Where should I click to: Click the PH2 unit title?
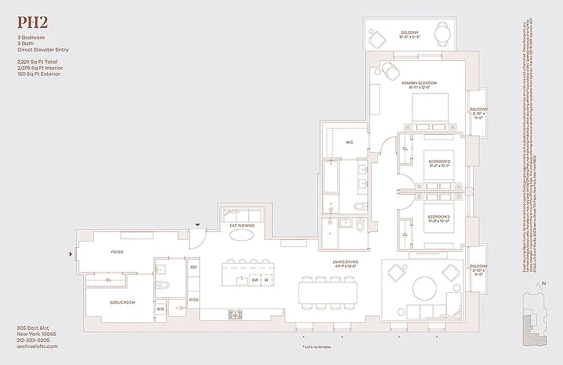pyautogui.click(x=32, y=23)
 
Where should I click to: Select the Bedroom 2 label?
pyautogui.click(x=440, y=161)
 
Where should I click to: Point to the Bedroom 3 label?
pyautogui.click(x=440, y=216)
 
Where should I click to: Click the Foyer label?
pyautogui.click(x=117, y=252)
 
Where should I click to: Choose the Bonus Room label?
pyautogui.click(x=122, y=302)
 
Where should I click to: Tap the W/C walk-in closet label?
pyautogui.click(x=349, y=143)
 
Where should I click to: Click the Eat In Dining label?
pyautogui.click(x=241, y=226)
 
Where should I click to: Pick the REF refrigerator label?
pyautogui.click(x=194, y=267)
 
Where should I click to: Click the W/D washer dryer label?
pyautogui.click(x=161, y=309)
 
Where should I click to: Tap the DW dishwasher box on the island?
pyautogui.click(x=255, y=280)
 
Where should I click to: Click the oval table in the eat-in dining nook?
pyautogui.click(x=242, y=235)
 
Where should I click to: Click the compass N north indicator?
pyautogui.click(x=543, y=284)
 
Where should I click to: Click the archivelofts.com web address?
pyautogui.click(x=37, y=346)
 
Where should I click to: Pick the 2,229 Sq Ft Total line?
pyautogui.click(x=37, y=62)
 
